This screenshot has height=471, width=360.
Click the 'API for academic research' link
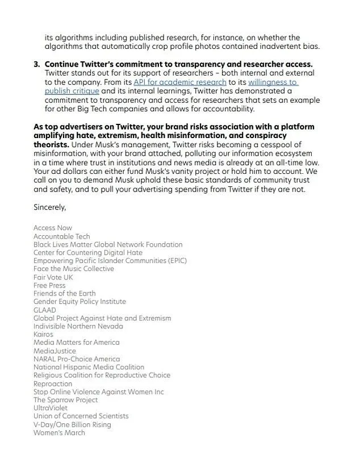pyautogui.click(x=179, y=82)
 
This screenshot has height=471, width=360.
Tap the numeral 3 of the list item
pyautogui.click(x=36, y=64)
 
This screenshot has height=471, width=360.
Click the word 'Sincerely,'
pyautogui.click(x=50, y=207)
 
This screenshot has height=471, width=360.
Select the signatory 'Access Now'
pyautogui.click(x=53, y=228)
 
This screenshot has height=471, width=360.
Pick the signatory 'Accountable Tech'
pyautogui.click(x=62, y=236)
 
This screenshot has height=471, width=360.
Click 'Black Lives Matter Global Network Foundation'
pyautogui.click(x=108, y=244)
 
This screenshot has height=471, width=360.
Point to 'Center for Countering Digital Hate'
pyautogui.click(x=88, y=252)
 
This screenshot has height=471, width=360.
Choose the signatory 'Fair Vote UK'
pyautogui.click(x=53, y=277)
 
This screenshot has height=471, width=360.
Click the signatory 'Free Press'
pyautogui.click(x=49, y=285)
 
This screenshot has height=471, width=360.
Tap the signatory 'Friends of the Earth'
pyautogui.click(x=65, y=294)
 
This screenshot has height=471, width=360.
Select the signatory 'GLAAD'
pyautogui.click(x=45, y=310)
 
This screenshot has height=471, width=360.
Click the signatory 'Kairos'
pyautogui.click(x=43, y=335)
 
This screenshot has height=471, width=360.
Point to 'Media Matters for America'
pyautogui.click(x=77, y=343)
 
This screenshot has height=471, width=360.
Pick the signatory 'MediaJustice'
pyautogui.click(x=55, y=351)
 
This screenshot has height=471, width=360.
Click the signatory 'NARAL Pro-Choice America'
pyautogui.click(x=77, y=359)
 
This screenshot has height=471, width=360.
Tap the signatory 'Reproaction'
pyautogui.click(x=53, y=384)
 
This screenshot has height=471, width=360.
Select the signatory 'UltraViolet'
pyautogui.click(x=51, y=408)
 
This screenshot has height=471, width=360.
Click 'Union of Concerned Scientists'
pyautogui.click(x=81, y=416)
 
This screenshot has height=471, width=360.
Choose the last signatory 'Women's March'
pyautogui.click(x=60, y=433)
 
